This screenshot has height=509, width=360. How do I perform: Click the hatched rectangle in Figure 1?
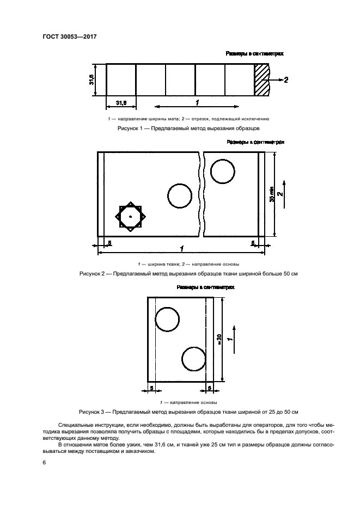point(261,80)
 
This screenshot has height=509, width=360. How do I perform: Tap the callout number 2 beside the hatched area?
point(286,80)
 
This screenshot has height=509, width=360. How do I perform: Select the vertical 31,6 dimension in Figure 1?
point(93,80)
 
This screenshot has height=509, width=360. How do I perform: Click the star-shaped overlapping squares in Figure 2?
point(130,217)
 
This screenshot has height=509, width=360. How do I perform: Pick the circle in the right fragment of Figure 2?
point(223,172)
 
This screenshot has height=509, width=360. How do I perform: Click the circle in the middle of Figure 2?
point(180,196)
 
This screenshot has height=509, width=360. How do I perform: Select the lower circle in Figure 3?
point(193,359)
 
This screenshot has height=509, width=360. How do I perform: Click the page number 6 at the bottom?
point(45,462)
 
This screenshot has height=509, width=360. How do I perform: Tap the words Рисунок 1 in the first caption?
point(129,128)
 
